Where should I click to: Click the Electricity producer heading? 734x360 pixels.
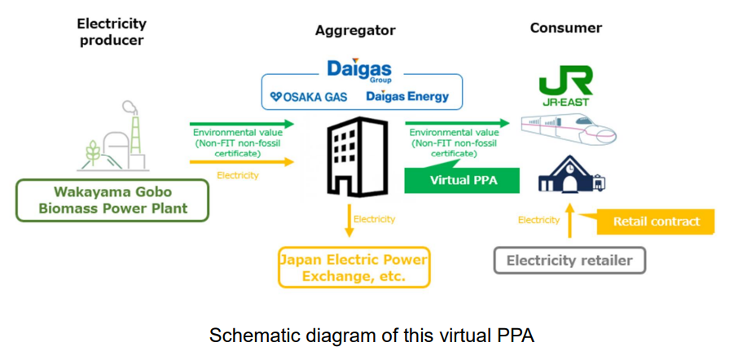pyautogui.click(x=111, y=32)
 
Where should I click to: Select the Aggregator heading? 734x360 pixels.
pyautogui.click(x=355, y=30)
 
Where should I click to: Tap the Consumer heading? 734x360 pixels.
pyautogui.click(x=566, y=28)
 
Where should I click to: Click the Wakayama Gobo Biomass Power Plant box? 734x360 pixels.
pyautogui.click(x=113, y=200)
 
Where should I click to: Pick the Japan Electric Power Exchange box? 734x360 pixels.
pyautogui.click(x=354, y=268)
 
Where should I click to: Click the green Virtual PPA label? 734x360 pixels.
pyautogui.click(x=463, y=180)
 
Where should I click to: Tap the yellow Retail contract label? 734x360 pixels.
pyautogui.click(x=656, y=221)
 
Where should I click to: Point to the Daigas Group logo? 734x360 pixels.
pyautogui.click(x=360, y=70)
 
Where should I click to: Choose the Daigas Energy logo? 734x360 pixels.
pyautogui.click(x=407, y=97)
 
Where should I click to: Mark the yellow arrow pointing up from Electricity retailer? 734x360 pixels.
pyautogui.click(x=569, y=222)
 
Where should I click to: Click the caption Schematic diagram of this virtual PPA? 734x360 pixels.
pyautogui.click(x=366, y=335)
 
